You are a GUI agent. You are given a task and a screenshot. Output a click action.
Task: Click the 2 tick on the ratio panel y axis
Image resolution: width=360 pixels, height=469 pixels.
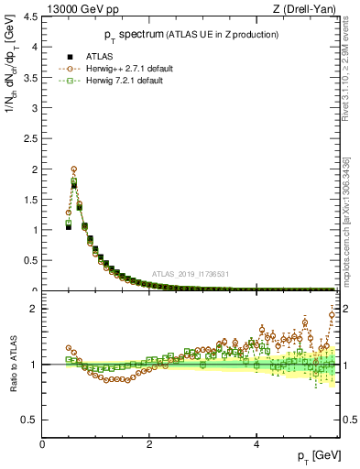click(x=35, y=309)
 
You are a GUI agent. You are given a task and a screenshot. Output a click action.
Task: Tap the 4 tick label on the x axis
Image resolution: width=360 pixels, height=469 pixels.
click(x=256, y=443)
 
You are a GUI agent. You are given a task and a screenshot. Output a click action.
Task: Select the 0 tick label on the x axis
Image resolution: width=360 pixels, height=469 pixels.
click(x=42, y=443)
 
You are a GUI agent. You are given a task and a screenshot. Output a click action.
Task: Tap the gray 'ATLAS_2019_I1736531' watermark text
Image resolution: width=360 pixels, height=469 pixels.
click(x=190, y=275)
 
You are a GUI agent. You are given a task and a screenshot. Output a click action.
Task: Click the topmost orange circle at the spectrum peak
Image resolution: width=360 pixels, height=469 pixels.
click(x=73, y=169)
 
